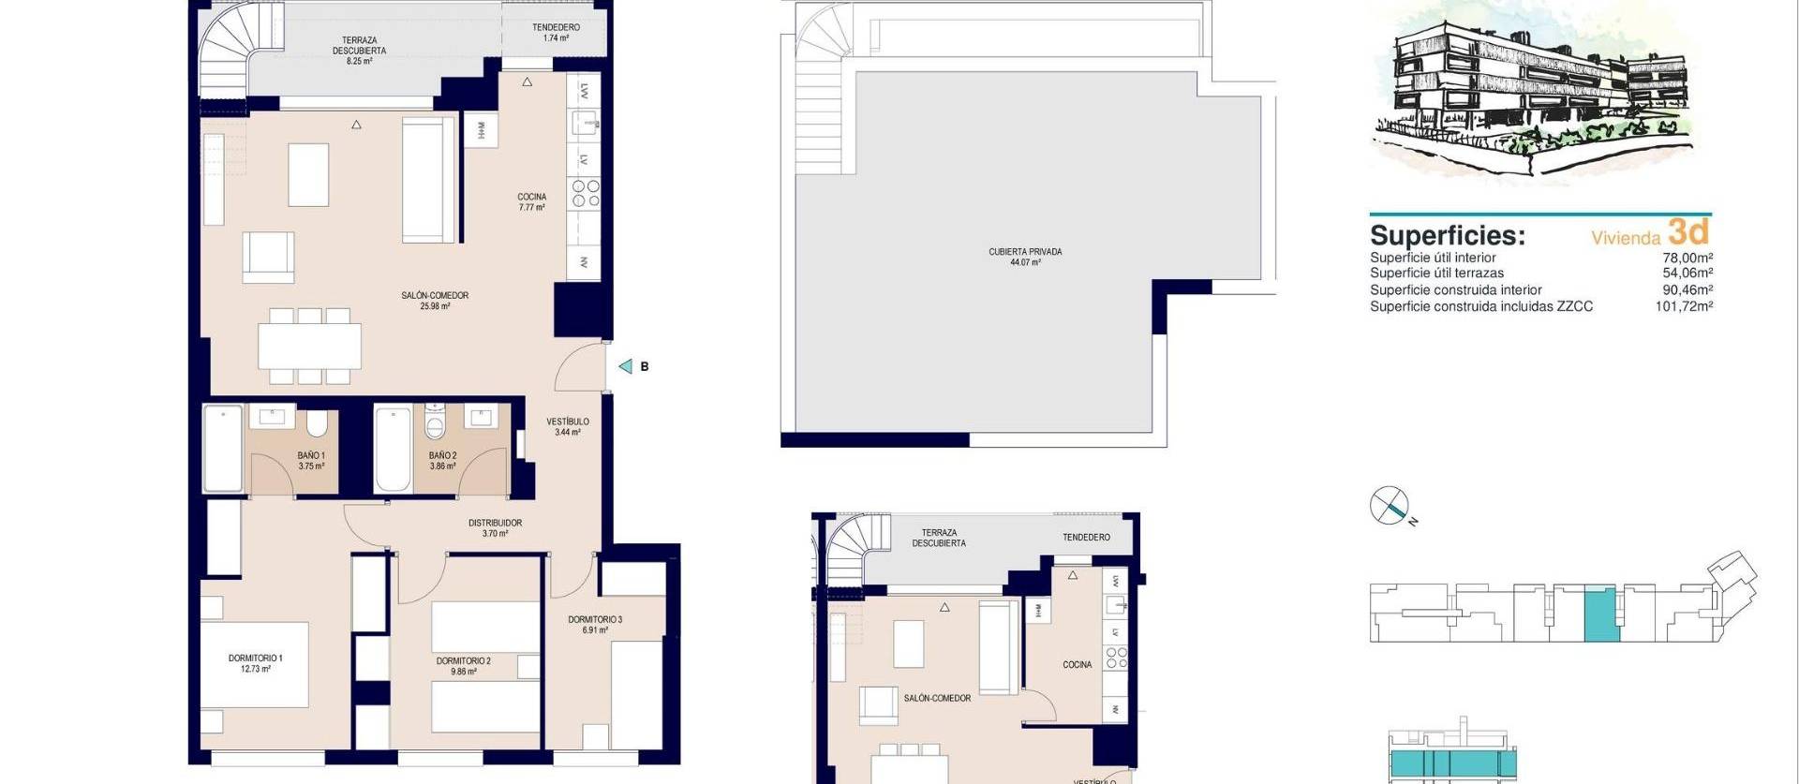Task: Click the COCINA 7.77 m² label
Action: [x=531, y=202]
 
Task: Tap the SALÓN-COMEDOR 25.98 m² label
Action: [x=435, y=301]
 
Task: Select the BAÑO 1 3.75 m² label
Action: [x=311, y=461]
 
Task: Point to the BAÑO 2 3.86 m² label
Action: [x=442, y=461]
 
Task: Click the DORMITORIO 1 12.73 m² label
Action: [x=255, y=663]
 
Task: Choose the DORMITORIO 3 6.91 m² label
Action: [x=595, y=625]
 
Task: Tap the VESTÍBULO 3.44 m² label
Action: [x=568, y=427]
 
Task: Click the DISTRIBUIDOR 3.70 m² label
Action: [x=495, y=528]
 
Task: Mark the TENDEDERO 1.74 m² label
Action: [x=556, y=33]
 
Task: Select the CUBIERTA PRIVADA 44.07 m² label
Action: [x=1025, y=257]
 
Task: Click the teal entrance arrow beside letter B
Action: [x=625, y=366]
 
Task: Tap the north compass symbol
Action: [x=1390, y=506]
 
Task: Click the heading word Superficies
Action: [x=1447, y=235]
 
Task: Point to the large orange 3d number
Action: [x=1688, y=231]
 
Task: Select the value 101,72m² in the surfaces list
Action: [x=1684, y=306]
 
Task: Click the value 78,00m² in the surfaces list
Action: [x=1687, y=258]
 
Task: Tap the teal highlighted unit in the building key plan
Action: [x=1599, y=614]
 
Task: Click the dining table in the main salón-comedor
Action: [x=309, y=346]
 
